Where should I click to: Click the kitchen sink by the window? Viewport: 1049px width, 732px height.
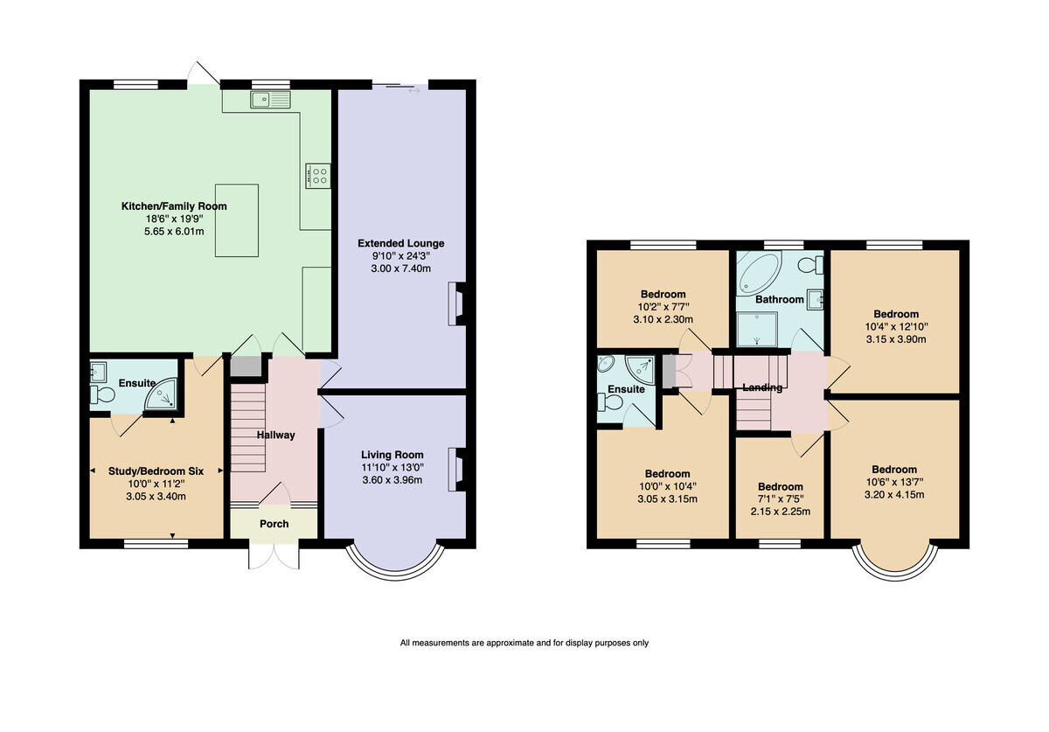pyautogui.click(x=270, y=100)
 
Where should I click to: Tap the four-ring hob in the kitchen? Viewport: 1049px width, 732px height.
pyautogui.click(x=318, y=176)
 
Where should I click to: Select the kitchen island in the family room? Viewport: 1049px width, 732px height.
pyautogui.click(x=237, y=220)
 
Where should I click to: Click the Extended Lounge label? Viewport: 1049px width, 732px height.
pyautogui.click(x=401, y=243)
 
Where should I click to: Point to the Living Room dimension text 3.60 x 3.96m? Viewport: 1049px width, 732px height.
pyautogui.click(x=393, y=480)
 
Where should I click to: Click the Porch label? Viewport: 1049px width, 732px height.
pyautogui.click(x=274, y=524)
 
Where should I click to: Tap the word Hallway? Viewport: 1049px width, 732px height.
pyautogui.click(x=276, y=435)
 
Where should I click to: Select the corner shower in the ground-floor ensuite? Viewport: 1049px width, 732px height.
pyautogui.click(x=162, y=394)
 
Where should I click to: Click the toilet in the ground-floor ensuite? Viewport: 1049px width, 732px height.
pyautogui.click(x=102, y=394)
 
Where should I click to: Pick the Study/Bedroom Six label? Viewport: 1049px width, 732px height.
pyautogui.click(x=156, y=471)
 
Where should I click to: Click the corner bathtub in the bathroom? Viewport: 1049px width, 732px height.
pyautogui.click(x=759, y=273)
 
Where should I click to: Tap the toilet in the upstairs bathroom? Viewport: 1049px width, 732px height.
pyautogui.click(x=810, y=265)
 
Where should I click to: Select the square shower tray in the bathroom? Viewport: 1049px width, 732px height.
pyautogui.click(x=757, y=329)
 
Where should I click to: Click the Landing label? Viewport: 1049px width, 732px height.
pyautogui.click(x=762, y=387)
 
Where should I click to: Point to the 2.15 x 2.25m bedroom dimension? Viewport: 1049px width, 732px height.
pyautogui.click(x=780, y=512)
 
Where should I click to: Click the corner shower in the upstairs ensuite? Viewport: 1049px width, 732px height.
pyautogui.click(x=641, y=367)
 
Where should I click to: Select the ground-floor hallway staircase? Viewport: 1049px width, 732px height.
pyautogui.click(x=248, y=428)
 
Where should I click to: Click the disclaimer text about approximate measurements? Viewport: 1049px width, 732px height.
pyautogui.click(x=524, y=643)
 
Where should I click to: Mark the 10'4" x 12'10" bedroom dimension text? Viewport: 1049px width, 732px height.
pyautogui.click(x=896, y=326)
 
